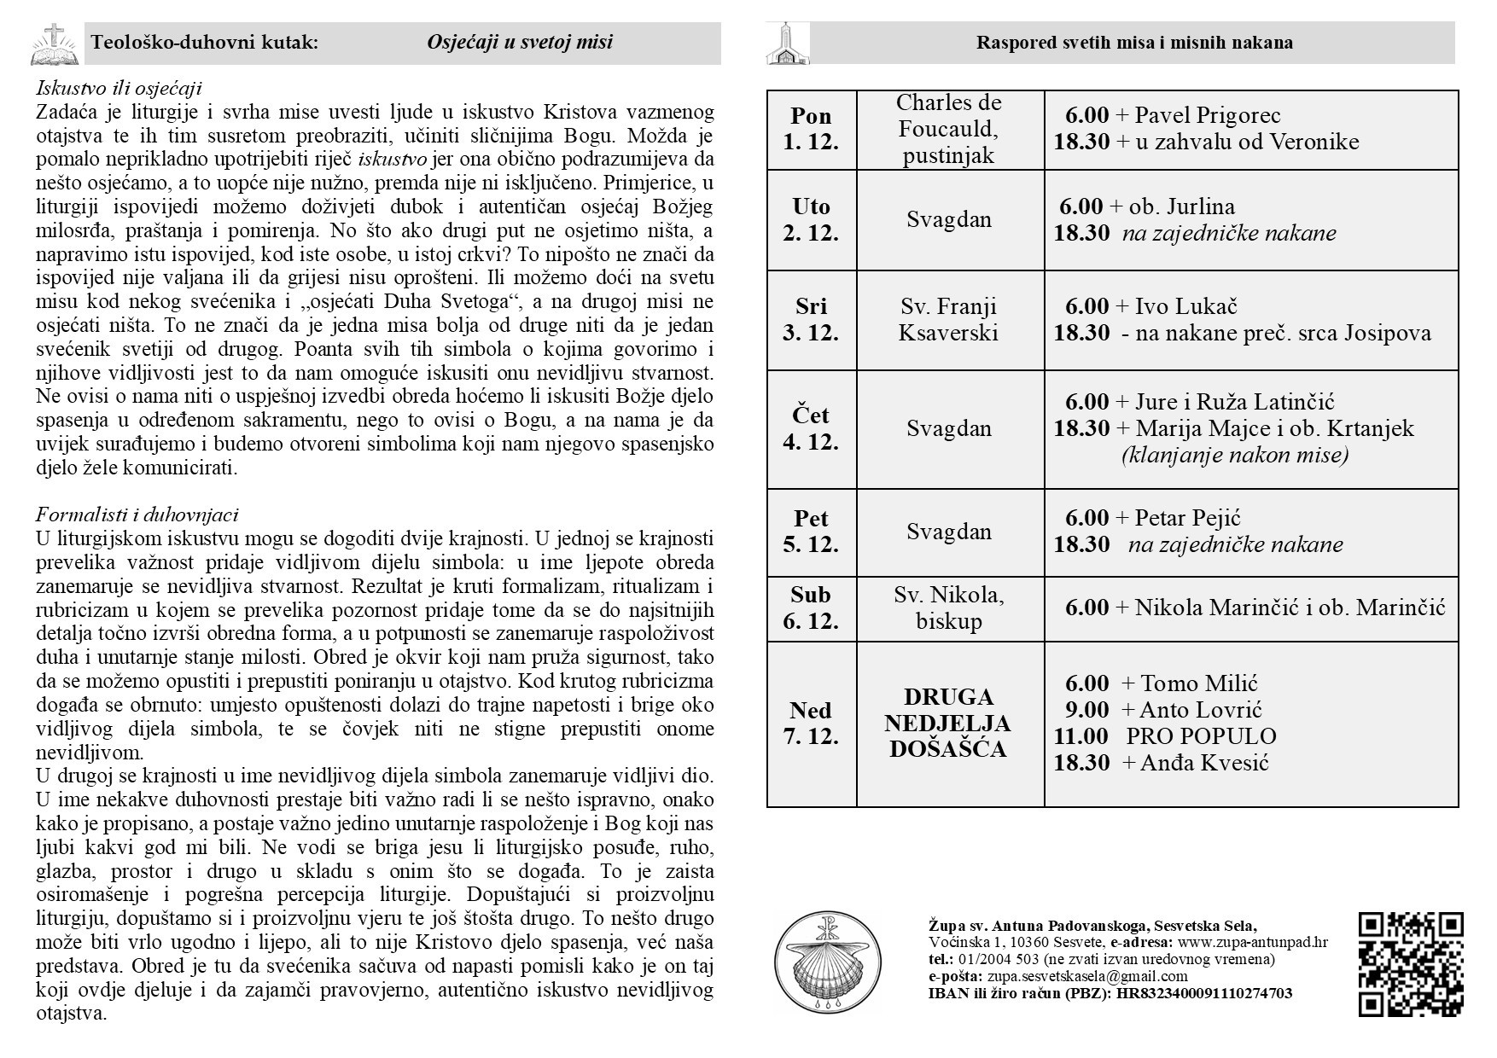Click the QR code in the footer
(x=1410, y=964)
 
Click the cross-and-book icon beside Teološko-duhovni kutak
(x=54, y=44)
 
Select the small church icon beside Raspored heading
(x=787, y=44)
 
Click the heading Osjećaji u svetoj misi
(x=519, y=43)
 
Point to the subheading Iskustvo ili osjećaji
(x=119, y=88)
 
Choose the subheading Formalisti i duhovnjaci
(x=137, y=514)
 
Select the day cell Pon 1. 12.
(x=811, y=129)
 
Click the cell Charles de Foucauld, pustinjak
(x=949, y=129)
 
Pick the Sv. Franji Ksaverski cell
(x=948, y=319)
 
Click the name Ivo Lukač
(x=1186, y=306)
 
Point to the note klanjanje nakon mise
(x=1234, y=455)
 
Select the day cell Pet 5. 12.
(x=811, y=531)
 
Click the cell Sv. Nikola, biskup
(x=948, y=607)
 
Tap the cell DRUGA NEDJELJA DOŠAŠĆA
(x=948, y=723)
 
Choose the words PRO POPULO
(x=1201, y=736)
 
